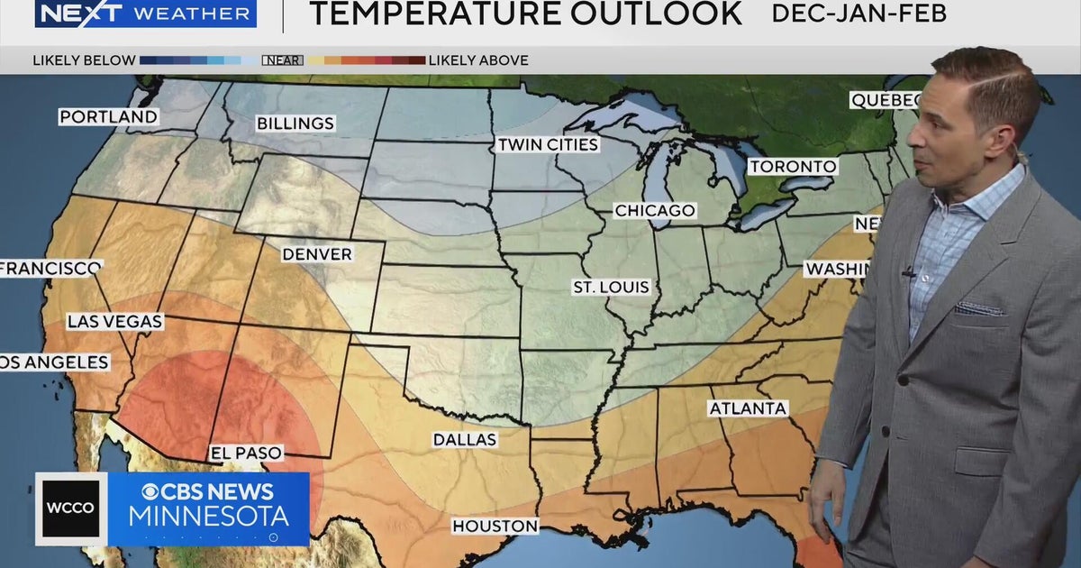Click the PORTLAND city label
click(x=108, y=117)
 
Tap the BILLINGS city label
click(x=295, y=124)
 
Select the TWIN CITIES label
click(x=548, y=145)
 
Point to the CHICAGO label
click(x=655, y=211)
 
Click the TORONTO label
click(x=793, y=167)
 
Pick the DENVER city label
click(x=316, y=254)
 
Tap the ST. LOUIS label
click(x=611, y=288)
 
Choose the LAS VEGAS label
click(x=114, y=322)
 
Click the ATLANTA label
click(x=748, y=408)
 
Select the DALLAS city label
click(x=464, y=440)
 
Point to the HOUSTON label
click(x=495, y=526)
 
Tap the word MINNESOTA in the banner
click(x=208, y=518)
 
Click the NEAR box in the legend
click(x=282, y=60)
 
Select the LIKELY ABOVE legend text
click(x=477, y=60)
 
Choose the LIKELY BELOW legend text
click(x=84, y=60)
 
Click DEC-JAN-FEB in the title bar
click(x=858, y=14)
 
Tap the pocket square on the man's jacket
click(x=979, y=309)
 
